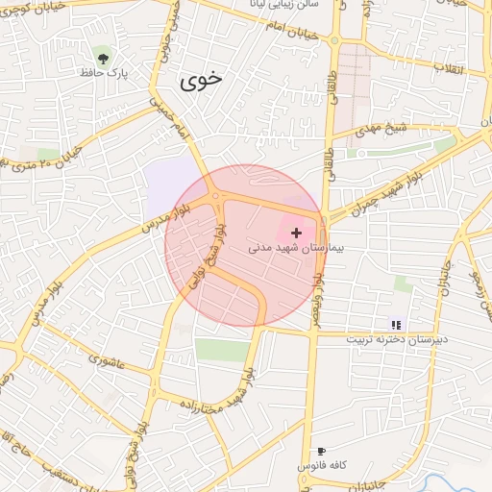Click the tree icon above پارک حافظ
pos(102,52)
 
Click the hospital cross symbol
pos(296,233)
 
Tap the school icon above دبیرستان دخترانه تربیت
pos(396,324)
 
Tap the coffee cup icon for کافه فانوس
pos(321,451)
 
